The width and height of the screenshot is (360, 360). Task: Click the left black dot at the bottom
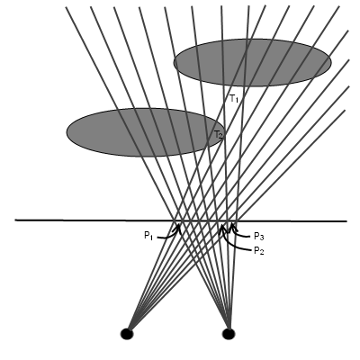click(127, 334)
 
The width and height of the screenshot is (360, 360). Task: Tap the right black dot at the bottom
click(229, 334)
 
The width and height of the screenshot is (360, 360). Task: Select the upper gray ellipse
click(252, 63)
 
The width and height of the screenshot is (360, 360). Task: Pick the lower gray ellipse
click(146, 132)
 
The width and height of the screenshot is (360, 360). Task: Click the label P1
click(148, 236)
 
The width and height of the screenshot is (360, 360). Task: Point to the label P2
click(258, 250)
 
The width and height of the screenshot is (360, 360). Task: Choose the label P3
click(258, 237)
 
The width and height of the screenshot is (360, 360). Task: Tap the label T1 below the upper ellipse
click(234, 99)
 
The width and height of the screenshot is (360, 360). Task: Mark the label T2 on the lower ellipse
click(218, 135)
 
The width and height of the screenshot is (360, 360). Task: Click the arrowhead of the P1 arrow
click(179, 225)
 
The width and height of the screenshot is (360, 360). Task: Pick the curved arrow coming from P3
click(240, 232)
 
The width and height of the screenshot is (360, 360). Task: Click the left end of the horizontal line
click(15, 220)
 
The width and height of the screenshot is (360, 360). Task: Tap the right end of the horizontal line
click(346, 221)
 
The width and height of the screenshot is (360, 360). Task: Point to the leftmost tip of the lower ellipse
click(67, 132)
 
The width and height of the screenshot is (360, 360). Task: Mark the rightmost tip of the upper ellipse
click(331, 63)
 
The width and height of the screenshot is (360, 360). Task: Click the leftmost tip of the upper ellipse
click(174, 63)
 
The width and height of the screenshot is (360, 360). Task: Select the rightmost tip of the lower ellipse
click(224, 132)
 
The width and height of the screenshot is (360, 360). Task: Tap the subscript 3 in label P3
click(262, 238)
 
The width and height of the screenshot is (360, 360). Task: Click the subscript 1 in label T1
click(237, 101)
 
